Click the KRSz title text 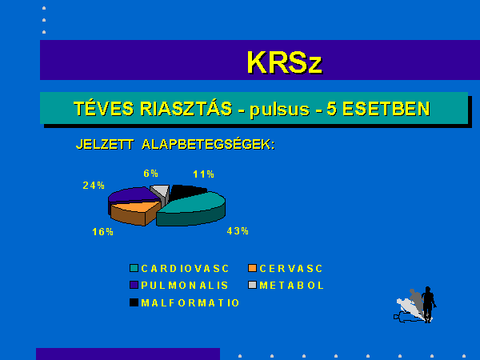[284, 62]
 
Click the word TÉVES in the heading [104, 108]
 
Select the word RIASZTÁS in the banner [186, 108]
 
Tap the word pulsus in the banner [279, 110]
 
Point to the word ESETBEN [386, 109]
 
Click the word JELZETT [105, 145]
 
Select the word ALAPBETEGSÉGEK [208, 144]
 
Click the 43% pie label [238, 231]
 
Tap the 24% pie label [94, 186]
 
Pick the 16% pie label [103, 232]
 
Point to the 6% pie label [151, 174]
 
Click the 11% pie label [203, 174]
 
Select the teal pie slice [193, 209]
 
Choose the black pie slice [186, 192]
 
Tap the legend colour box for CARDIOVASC [134, 268]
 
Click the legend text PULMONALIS [185, 286]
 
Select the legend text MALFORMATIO [190, 302]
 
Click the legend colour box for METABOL [252, 285]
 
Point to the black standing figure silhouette [428, 304]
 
